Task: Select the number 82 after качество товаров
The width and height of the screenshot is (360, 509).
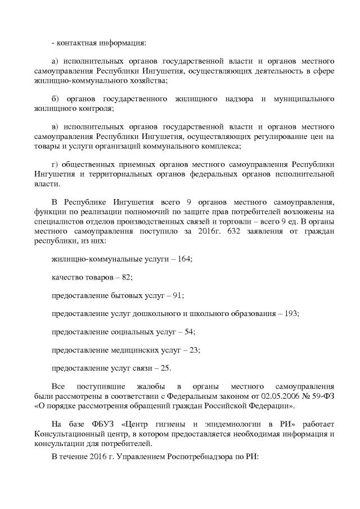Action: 127,277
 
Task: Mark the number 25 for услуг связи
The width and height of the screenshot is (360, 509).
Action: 165,368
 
